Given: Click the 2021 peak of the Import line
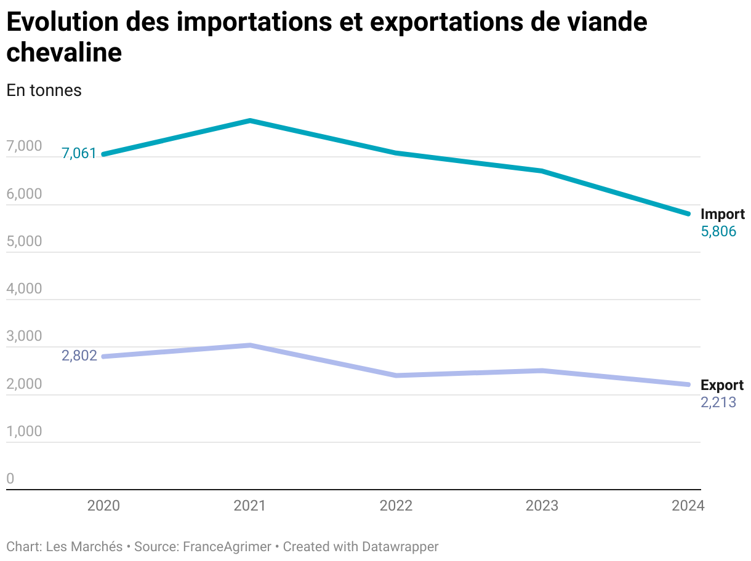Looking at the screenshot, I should tap(250, 121).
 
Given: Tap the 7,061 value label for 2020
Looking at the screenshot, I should tap(79, 153).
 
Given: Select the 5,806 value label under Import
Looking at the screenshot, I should tap(718, 231).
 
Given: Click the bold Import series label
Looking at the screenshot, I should tap(722, 214).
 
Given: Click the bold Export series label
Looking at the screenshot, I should tap(722, 385).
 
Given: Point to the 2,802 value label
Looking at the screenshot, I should tap(79, 356).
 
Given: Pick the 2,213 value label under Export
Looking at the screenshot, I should tap(718, 403).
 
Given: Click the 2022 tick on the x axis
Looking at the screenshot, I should tap(396, 506).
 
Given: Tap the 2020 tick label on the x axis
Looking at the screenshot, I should tap(104, 506).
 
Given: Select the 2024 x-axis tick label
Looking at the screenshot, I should tap(688, 506).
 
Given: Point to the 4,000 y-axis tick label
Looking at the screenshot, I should tap(24, 288).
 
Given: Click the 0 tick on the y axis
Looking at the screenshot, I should tap(10, 479).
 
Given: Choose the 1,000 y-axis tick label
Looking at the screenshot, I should tap(24, 431).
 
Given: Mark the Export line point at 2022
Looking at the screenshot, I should tap(396, 375).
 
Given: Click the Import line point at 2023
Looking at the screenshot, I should tap(542, 171).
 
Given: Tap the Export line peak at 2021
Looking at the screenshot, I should tap(250, 345).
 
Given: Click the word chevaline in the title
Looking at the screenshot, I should tap(64, 53).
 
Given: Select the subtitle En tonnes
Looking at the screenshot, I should tap(44, 90).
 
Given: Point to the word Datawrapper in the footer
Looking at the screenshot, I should tap(400, 546).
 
